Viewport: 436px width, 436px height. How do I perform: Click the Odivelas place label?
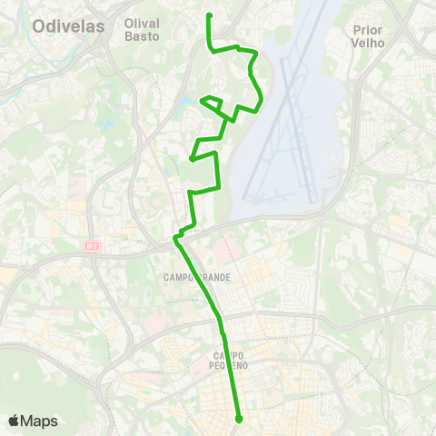point(68,26)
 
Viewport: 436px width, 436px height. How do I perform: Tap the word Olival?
point(142,23)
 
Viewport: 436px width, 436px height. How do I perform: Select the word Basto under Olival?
point(142,37)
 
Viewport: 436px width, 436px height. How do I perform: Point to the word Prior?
point(370,29)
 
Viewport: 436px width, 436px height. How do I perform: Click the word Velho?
point(370,43)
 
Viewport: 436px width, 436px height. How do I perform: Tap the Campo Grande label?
point(196,276)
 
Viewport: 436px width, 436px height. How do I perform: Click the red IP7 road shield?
point(91,245)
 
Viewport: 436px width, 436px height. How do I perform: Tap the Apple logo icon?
point(14,421)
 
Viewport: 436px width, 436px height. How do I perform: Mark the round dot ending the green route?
point(239,419)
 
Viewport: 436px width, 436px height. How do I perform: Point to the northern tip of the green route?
point(210,15)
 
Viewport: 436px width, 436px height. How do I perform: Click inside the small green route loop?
point(213,102)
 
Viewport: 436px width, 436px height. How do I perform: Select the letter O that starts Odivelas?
point(38,26)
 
